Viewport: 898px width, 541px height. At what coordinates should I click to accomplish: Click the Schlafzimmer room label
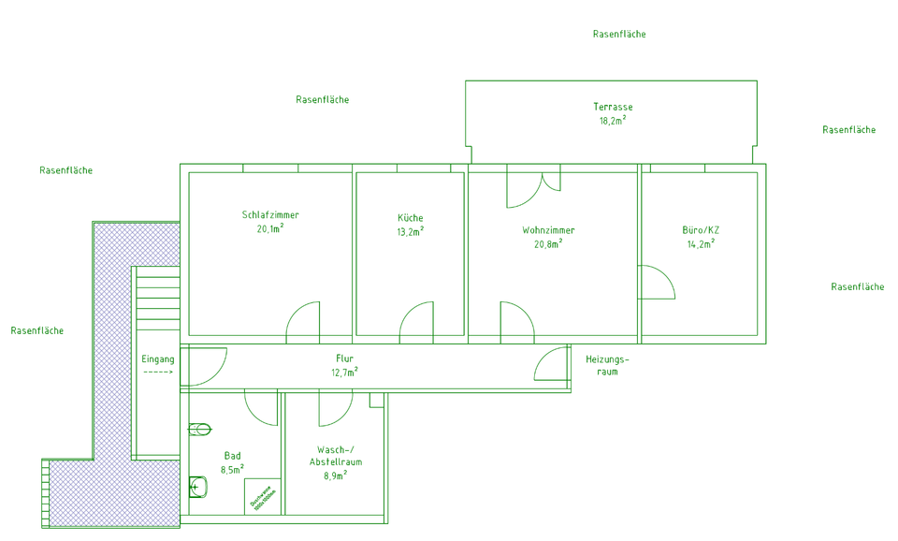pos(270,215)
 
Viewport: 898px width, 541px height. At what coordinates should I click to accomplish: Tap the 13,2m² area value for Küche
pos(410,231)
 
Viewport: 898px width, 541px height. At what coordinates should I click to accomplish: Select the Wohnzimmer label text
pos(548,230)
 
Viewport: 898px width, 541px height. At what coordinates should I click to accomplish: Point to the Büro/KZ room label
pos(701,230)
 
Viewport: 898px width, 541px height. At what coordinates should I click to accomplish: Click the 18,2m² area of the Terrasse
pos(613,121)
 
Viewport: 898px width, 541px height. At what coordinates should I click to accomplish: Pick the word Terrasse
pos(613,107)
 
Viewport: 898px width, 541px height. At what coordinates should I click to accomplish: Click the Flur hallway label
pos(344,358)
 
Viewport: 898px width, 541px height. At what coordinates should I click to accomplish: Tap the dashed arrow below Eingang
pos(158,373)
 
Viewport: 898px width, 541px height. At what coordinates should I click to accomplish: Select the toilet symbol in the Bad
pos(200,430)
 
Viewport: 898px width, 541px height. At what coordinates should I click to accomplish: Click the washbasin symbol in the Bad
pos(197,486)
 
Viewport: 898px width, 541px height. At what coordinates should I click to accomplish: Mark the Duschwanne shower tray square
pos(263,496)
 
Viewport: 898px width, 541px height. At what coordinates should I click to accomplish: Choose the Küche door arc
pos(416,320)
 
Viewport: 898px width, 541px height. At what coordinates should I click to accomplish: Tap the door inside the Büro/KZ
pos(655,283)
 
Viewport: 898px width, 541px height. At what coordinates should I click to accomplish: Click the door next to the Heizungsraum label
pos(552,364)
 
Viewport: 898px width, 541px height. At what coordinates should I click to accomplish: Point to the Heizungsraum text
pos(607,365)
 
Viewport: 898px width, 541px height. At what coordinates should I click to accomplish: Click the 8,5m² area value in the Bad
pos(232,470)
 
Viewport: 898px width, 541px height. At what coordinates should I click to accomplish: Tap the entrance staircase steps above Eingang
pos(156,304)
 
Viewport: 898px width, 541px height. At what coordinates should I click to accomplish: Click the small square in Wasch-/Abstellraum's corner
pos(376,400)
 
